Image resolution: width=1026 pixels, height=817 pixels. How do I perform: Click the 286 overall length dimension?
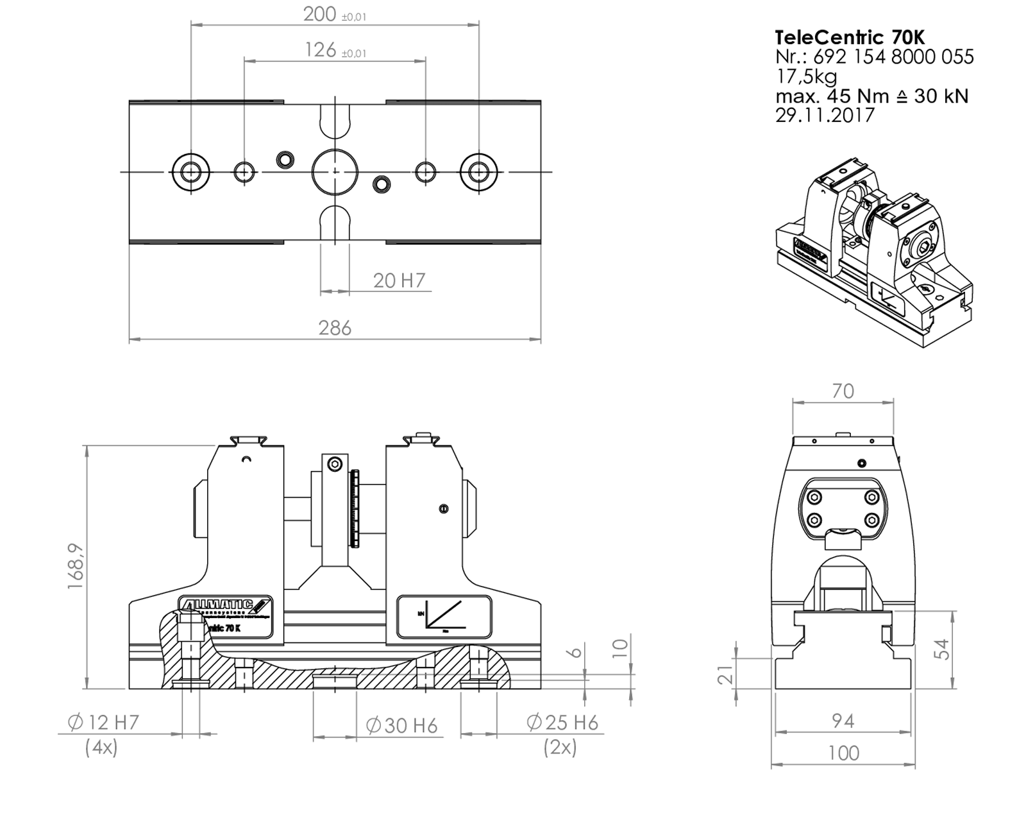click(x=335, y=328)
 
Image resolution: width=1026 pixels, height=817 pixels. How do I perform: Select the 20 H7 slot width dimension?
click(x=399, y=280)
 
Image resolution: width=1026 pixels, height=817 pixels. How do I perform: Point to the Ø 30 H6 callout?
click(x=402, y=725)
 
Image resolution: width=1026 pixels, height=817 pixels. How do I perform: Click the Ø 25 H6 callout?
click(x=562, y=723)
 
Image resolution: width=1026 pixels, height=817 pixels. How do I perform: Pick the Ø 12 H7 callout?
click(x=103, y=722)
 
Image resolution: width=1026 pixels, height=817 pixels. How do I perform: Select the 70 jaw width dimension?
click(x=843, y=391)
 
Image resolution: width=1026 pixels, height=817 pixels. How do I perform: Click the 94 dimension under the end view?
click(x=843, y=721)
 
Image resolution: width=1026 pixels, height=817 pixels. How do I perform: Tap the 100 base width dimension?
click(x=843, y=753)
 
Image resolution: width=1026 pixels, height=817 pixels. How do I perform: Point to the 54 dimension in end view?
click(x=941, y=649)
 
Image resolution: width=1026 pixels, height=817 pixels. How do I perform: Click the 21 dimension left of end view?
click(x=725, y=675)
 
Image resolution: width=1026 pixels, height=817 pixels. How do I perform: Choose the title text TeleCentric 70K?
click(x=850, y=37)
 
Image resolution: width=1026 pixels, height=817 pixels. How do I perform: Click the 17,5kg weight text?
click(x=806, y=76)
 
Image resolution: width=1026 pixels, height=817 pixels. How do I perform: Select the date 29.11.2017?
click(x=825, y=116)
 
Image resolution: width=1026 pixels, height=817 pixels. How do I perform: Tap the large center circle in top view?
click(x=335, y=172)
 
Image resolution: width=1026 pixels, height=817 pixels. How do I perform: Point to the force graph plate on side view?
click(x=444, y=617)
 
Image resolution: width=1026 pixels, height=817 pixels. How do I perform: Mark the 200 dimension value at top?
click(x=320, y=14)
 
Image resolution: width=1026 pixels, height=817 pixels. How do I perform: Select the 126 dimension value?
click(x=321, y=49)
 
